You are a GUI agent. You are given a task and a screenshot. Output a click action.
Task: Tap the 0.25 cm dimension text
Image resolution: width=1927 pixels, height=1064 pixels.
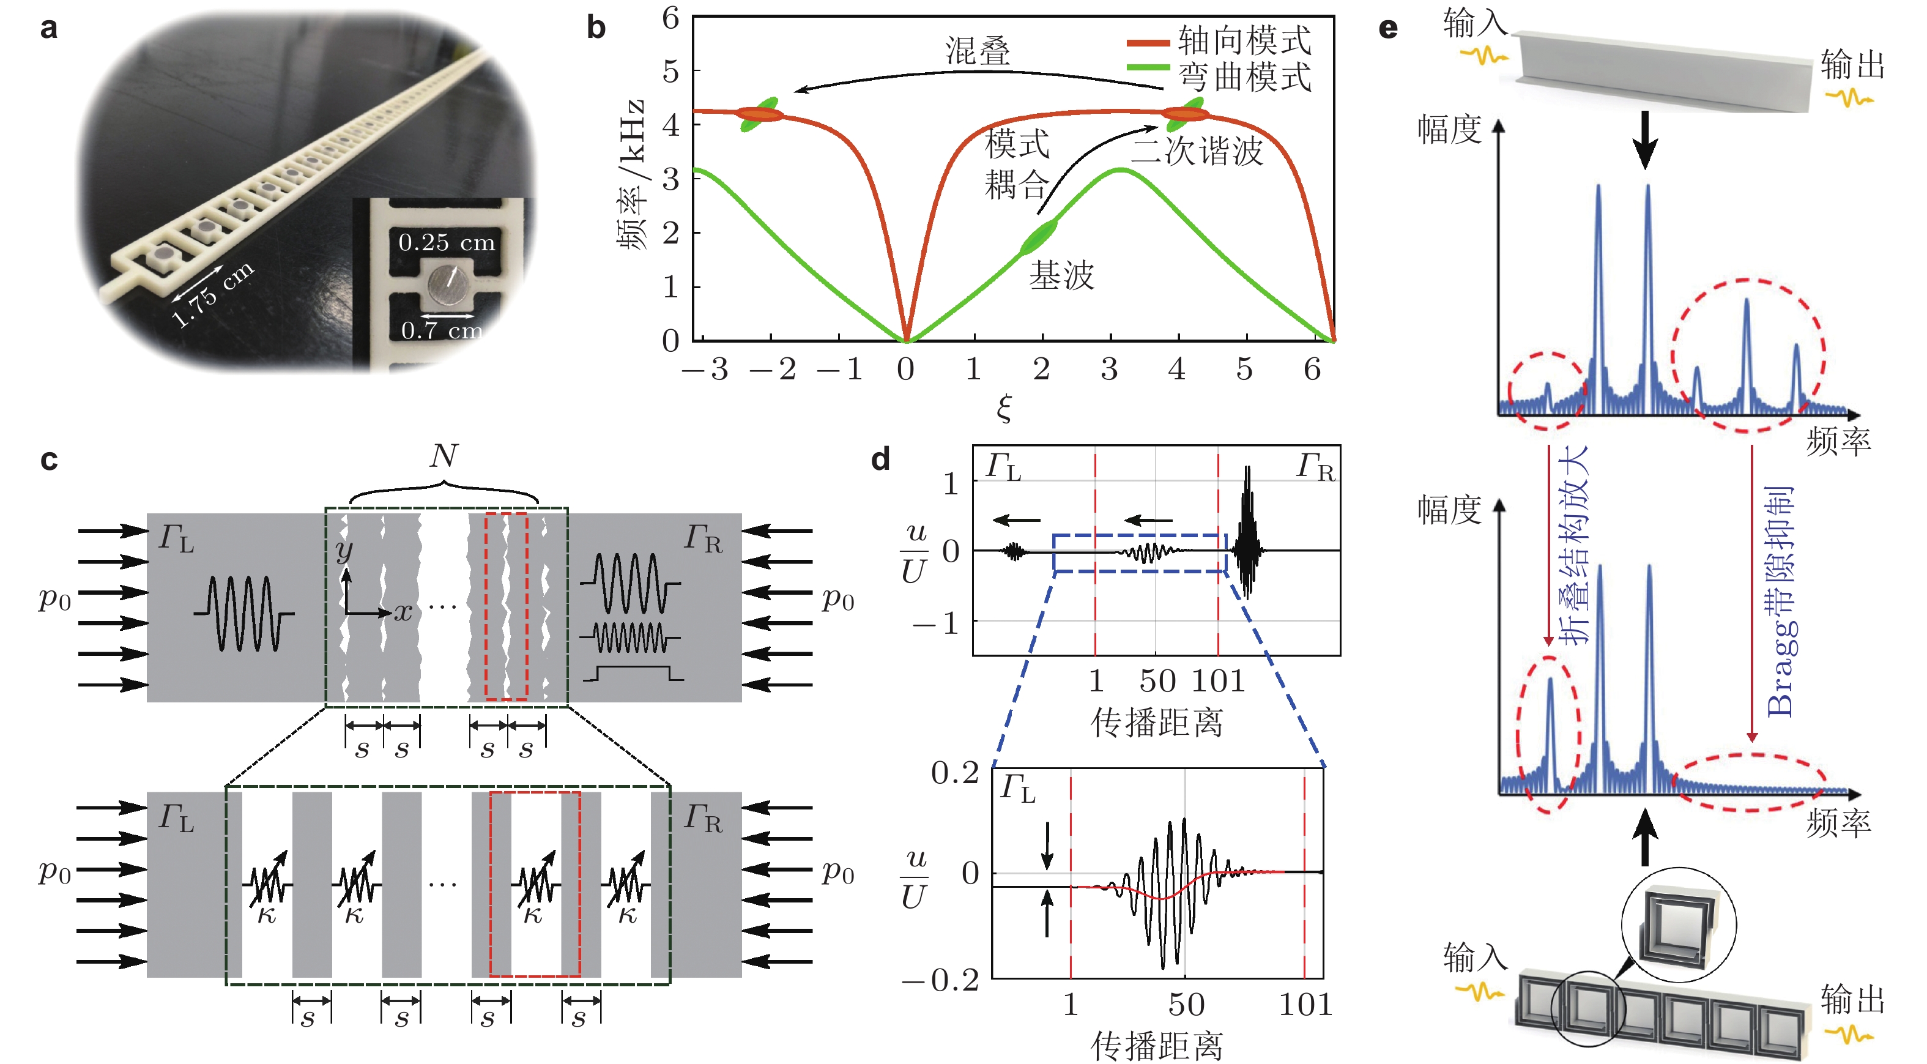pyautogui.click(x=447, y=242)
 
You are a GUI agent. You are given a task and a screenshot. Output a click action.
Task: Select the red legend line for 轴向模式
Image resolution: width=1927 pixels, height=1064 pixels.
pyautogui.click(x=1148, y=43)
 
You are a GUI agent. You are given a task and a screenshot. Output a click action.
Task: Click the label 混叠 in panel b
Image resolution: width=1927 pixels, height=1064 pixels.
pyautogui.click(x=977, y=51)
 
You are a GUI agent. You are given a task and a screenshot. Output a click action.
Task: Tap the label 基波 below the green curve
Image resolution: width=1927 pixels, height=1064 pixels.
pyautogui.click(x=1061, y=275)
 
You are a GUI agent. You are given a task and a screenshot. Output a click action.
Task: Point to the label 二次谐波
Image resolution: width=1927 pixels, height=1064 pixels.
pyautogui.click(x=1197, y=151)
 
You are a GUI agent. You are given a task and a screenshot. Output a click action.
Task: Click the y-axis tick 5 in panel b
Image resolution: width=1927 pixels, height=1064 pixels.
pyautogui.click(x=670, y=72)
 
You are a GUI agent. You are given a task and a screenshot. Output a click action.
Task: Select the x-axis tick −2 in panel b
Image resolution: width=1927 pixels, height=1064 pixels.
pyautogui.click(x=773, y=369)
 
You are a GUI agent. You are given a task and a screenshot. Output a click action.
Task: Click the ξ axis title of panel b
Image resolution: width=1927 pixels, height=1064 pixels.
pyautogui.click(x=1004, y=407)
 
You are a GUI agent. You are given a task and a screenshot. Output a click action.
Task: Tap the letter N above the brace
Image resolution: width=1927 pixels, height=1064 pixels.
pyautogui.click(x=444, y=456)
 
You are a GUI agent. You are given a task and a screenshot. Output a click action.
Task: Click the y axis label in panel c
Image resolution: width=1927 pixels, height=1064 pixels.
pyautogui.click(x=343, y=550)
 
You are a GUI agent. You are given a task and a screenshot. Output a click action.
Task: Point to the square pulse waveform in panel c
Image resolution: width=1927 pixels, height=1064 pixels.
pyautogui.click(x=633, y=672)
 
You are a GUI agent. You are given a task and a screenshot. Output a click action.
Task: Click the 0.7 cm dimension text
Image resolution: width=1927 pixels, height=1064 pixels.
pyautogui.click(x=441, y=330)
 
